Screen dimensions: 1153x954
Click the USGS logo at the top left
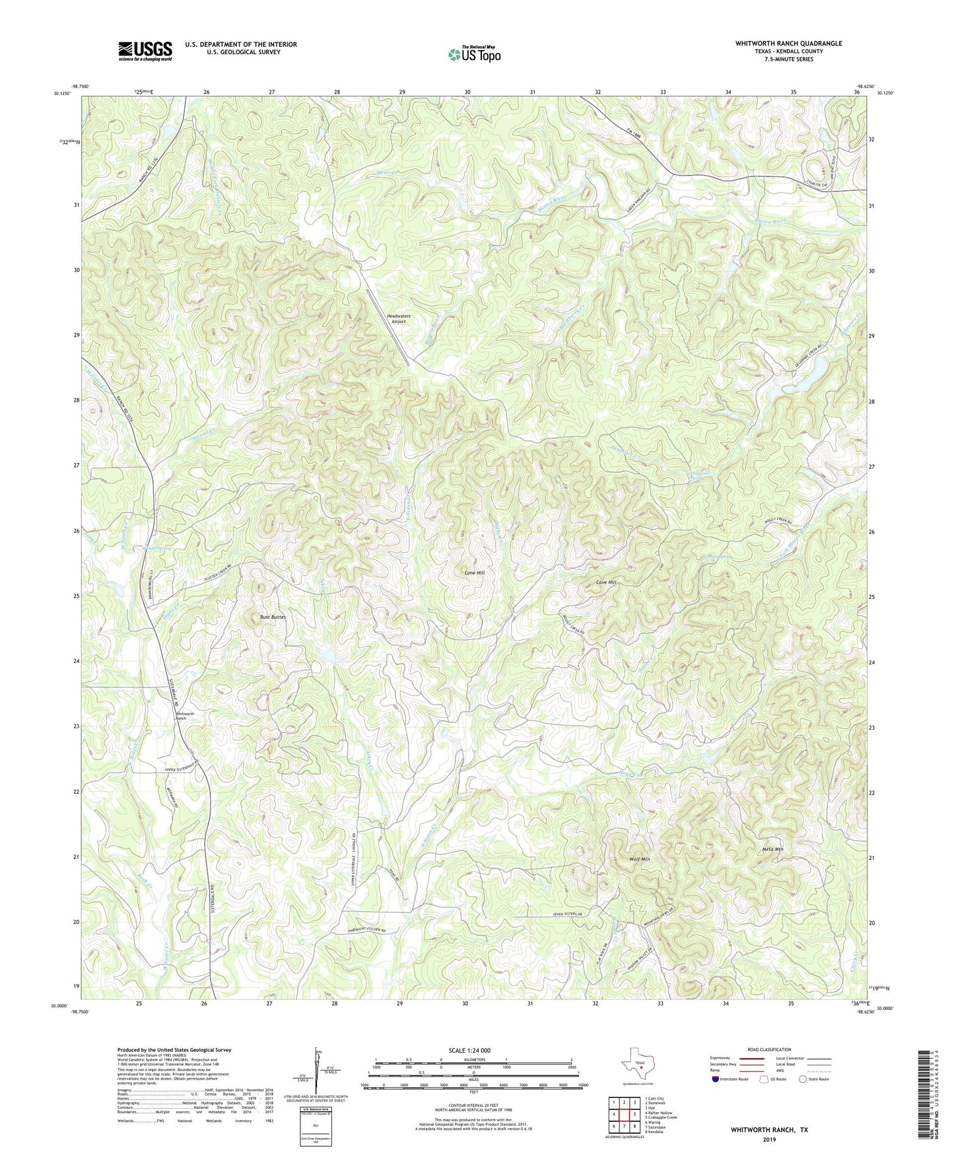(145, 51)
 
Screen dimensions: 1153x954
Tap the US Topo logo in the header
(473, 55)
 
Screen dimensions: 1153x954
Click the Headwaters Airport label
(399, 319)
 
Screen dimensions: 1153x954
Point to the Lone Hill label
(474, 573)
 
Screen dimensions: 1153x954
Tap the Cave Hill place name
(605, 582)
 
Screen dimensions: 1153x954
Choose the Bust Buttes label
(273, 617)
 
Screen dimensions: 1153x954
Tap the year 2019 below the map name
(769, 1139)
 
